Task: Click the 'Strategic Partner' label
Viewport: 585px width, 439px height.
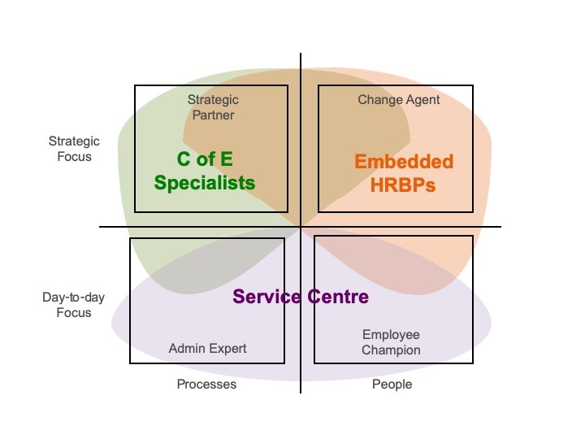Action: tap(213, 107)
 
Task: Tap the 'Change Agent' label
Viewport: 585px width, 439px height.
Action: tap(399, 99)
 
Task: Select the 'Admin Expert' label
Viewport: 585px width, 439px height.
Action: tap(207, 349)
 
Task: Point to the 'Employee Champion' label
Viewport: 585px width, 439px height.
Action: tap(391, 342)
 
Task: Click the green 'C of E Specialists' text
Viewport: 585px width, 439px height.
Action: tap(205, 171)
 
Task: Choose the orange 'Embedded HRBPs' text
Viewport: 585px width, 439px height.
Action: tap(403, 172)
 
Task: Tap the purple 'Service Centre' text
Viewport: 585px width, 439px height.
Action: tap(301, 297)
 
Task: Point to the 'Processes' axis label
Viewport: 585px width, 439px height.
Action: tap(206, 384)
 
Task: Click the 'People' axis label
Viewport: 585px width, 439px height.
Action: tap(392, 384)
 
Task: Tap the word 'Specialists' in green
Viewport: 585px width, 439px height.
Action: tap(205, 183)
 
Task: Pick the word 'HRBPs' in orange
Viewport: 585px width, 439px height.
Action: tap(403, 185)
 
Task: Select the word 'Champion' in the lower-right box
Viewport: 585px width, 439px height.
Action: tap(391, 350)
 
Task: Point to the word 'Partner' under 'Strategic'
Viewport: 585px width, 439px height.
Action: tap(213, 115)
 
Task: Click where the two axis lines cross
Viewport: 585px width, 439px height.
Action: tap(301, 227)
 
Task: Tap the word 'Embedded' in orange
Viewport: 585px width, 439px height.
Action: tap(403, 161)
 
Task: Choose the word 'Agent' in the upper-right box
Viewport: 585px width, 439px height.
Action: tap(422, 99)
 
